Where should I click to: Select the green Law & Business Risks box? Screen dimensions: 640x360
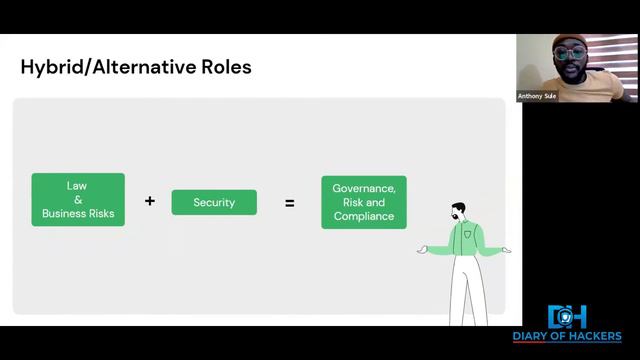pyautogui.click(x=78, y=200)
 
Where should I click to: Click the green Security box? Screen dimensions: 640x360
pyautogui.click(x=214, y=202)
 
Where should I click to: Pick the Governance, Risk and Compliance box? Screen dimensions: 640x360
pyautogui.click(x=364, y=202)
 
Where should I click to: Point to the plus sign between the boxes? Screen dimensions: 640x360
pyautogui.click(x=150, y=201)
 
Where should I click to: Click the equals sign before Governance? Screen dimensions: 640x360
pyautogui.click(x=290, y=203)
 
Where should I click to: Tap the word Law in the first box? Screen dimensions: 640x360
pyautogui.click(x=77, y=186)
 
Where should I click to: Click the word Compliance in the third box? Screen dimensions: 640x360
pyautogui.click(x=364, y=216)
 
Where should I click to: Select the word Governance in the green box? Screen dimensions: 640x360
pyautogui.click(x=364, y=188)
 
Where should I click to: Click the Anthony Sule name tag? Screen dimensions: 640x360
pyautogui.click(x=536, y=97)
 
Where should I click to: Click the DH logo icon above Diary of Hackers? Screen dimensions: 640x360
pyautogui.click(x=567, y=317)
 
